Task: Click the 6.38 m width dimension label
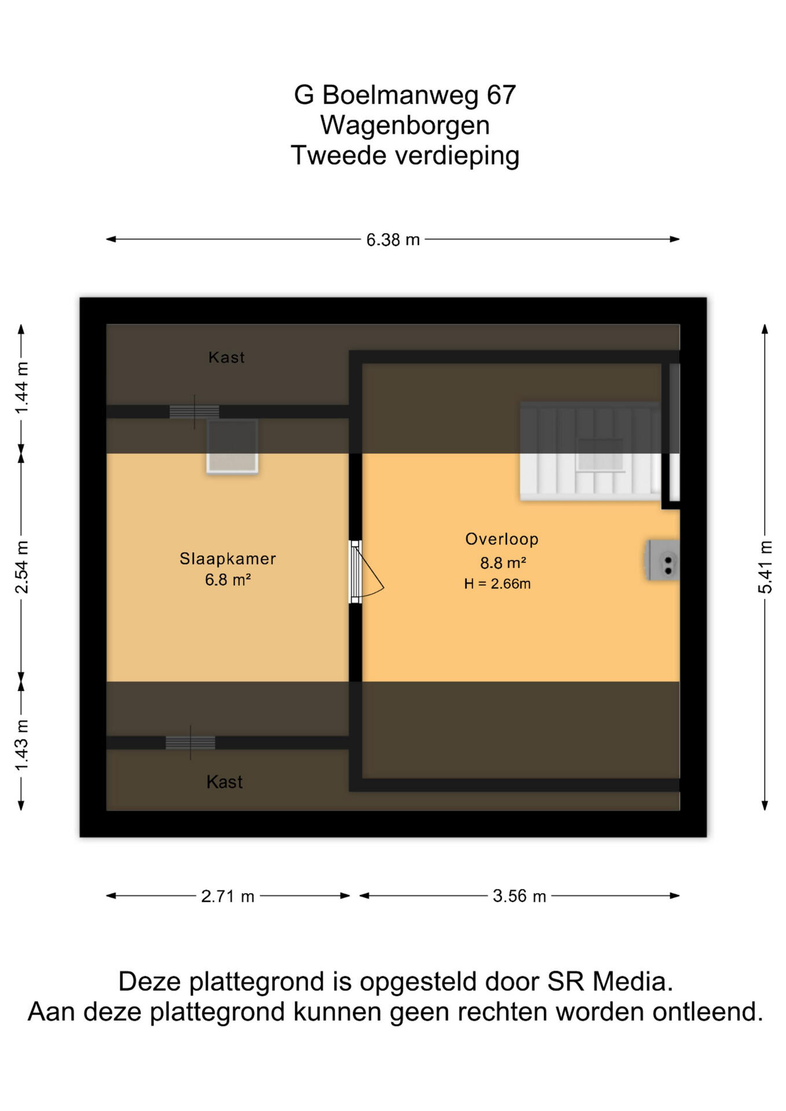coord(393,240)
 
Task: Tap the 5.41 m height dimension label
coord(765,567)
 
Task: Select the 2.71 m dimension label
coord(227,896)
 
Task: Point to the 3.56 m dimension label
coord(519,896)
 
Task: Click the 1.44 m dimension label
coord(21,388)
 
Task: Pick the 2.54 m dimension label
coord(21,567)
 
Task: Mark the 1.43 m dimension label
coord(21,745)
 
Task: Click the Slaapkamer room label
coord(227,558)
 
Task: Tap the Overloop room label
coord(502,539)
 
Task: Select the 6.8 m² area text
coord(227,579)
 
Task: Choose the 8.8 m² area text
coord(502,562)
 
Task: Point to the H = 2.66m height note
coord(497,584)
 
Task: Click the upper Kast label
coord(226,357)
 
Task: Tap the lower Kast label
coord(225,782)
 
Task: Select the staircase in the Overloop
coord(590,451)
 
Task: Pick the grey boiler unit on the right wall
coord(662,560)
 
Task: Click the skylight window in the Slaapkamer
coord(232,447)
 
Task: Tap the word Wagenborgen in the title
coord(405,126)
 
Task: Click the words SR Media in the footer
coord(610,981)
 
